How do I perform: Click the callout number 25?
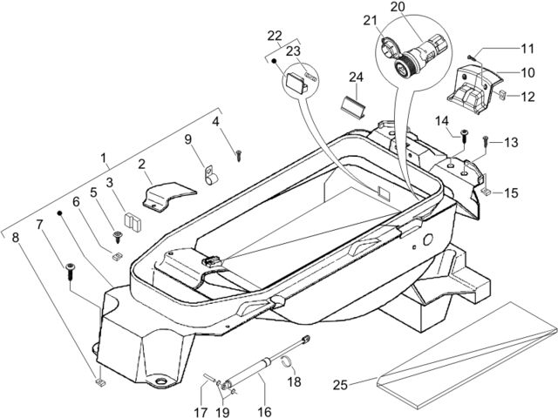point(340,385)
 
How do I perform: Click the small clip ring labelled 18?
point(287,361)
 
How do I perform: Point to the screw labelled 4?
point(239,155)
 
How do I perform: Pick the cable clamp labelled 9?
point(211,176)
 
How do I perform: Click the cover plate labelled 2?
point(168,197)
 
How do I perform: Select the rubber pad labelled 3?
point(133,222)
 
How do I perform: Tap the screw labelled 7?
point(70,271)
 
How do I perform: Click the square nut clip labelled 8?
point(101,383)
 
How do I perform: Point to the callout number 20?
point(398,6)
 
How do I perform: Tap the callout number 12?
point(527,97)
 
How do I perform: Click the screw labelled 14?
point(465,136)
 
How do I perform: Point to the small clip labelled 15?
point(487,192)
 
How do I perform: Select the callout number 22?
point(275,36)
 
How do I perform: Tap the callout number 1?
point(104,158)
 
